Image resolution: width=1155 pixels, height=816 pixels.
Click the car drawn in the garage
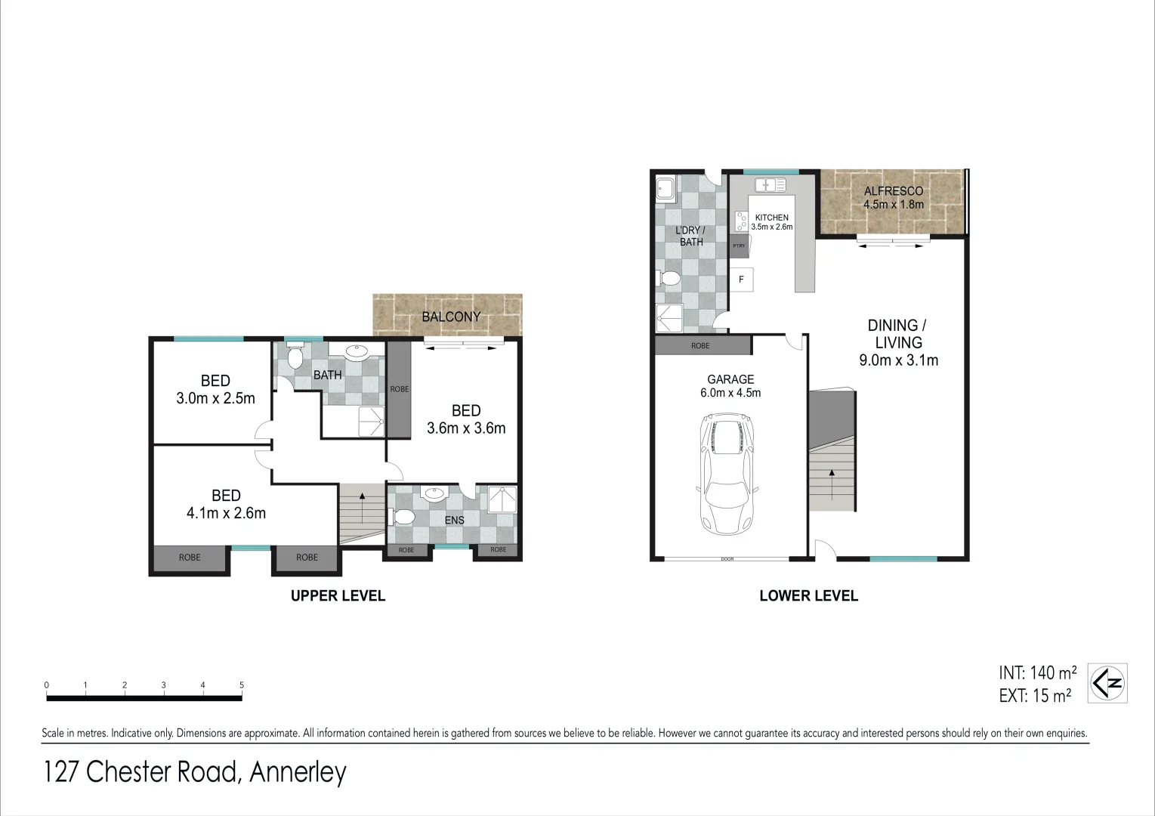[727, 474]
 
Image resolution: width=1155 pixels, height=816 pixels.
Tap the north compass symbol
[1107, 683]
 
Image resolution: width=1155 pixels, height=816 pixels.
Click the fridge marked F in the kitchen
[742, 280]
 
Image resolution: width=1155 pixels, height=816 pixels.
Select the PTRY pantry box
[739, 246]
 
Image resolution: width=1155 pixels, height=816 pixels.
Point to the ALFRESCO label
[894, 191]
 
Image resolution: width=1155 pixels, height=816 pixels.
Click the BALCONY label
[451, 317]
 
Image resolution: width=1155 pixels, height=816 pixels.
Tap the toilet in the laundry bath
[669, 278]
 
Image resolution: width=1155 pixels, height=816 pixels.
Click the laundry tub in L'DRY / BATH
[666, 187]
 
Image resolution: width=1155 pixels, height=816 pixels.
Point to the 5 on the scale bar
[242, 685]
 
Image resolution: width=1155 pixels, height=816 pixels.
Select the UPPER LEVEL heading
[338, 595]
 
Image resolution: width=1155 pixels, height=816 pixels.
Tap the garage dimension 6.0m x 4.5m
[730, 393]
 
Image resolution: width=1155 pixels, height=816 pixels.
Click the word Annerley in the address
[298, 772]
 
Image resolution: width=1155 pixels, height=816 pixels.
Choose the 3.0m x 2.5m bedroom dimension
[215, 398]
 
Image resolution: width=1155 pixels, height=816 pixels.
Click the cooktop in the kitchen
[741, 221]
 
